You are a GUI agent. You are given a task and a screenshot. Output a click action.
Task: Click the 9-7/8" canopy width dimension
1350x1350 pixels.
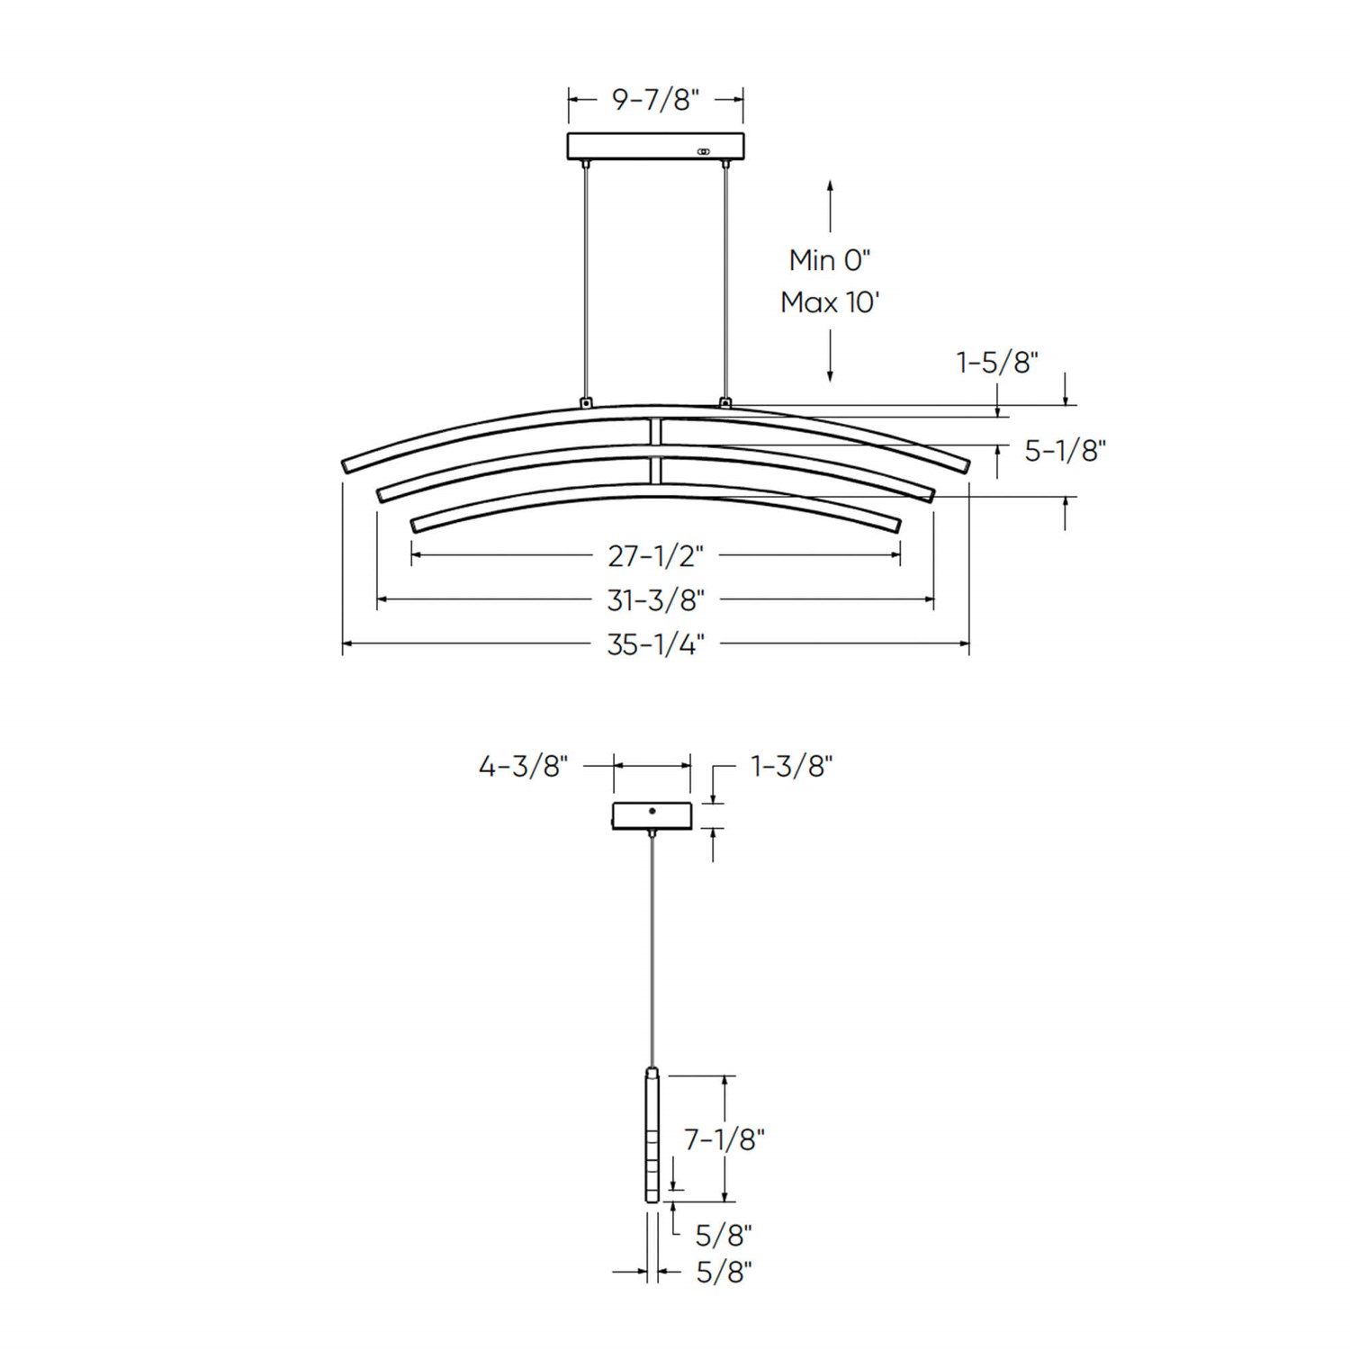(655, 99)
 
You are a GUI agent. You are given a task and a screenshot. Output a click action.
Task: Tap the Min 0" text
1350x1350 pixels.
(830, 260)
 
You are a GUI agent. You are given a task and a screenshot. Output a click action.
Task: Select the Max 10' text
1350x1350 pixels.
(829, 302)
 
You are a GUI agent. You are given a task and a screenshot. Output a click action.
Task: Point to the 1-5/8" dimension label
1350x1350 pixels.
(997, 362)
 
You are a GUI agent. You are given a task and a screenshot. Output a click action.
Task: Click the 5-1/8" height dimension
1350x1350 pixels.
(1066, 450)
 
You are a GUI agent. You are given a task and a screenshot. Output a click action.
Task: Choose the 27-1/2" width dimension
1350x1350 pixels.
(655, 556)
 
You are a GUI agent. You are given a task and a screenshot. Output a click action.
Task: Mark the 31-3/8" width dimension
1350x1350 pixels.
(655, 598)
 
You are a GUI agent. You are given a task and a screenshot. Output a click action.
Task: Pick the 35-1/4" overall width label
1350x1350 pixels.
(655, 644)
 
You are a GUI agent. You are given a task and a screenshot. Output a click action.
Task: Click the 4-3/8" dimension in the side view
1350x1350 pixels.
(524, 767)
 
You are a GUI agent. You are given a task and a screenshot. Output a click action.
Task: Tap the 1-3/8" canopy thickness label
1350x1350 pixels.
(792, 767)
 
